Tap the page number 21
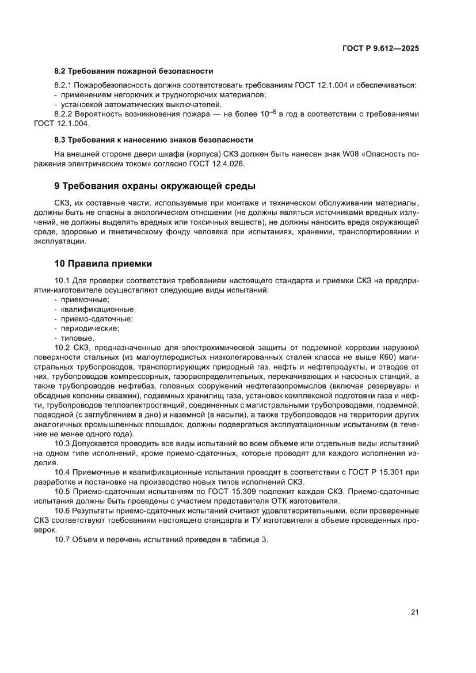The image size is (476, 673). pos(414,612)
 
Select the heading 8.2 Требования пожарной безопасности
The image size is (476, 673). pos(134,71)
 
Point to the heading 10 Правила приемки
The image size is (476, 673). pos(103,264)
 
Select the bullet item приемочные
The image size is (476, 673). pos(85,300)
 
